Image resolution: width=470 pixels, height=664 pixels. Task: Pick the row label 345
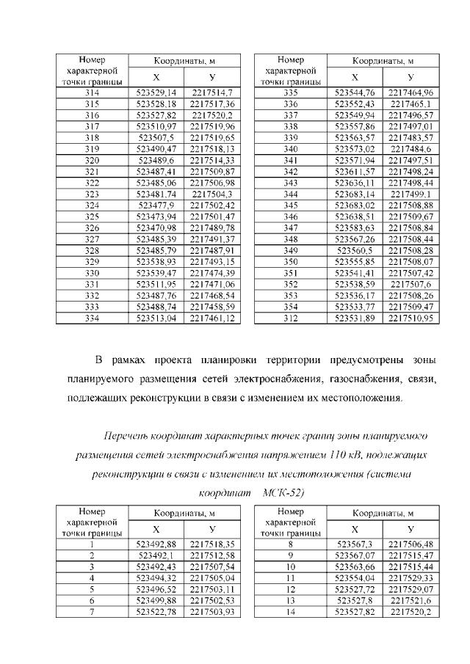click(x=290, y=205)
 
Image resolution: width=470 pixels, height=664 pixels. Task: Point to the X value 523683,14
click(x=355, y=194)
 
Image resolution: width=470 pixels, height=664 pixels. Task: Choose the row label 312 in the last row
click(x=290, y=319)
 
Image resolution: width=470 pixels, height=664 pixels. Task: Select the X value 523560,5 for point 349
click(x=355, y=251)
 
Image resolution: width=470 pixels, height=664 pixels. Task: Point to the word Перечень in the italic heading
click(x=129, y=436)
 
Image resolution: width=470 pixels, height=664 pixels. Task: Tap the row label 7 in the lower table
click(x=93, y=612)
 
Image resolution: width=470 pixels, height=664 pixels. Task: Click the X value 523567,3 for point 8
click(x=355, y=544)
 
